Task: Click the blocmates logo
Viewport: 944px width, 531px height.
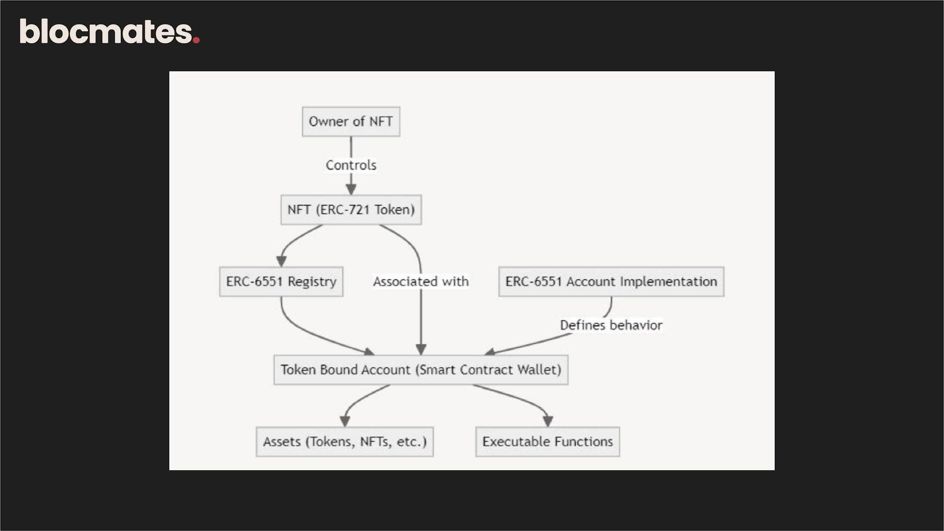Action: [x=110, y=31]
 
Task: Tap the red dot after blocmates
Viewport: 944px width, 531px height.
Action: [x=196, y=40]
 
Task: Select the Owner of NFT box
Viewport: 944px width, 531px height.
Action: [x=351, y=122]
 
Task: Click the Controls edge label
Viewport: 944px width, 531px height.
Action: [x=351, y=165]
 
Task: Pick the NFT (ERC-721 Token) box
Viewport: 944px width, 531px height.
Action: [x=351, y=210]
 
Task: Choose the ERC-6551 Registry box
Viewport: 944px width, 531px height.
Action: [x=281, y=282]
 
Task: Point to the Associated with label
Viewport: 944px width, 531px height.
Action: [x=421, y=282]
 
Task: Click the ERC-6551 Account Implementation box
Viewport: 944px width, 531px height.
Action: [x=611, y=282]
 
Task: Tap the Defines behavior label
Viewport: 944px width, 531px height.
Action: [x=611, y=325]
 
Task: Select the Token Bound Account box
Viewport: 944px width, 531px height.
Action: [x=421, y=370]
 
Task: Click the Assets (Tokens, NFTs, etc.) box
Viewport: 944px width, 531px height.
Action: [x=345, y=442]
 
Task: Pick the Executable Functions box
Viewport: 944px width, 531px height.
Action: [x=548, y=442]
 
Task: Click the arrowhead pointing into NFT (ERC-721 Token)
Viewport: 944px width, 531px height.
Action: [x=351, y=189]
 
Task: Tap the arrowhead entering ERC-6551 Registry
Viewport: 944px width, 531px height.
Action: [x=281, y=261]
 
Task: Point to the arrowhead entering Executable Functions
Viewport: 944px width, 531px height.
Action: [x=548, y=421]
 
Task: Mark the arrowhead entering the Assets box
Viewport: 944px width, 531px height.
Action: [x=345, y=421]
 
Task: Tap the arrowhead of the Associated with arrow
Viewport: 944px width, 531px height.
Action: [x=421, y=349]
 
